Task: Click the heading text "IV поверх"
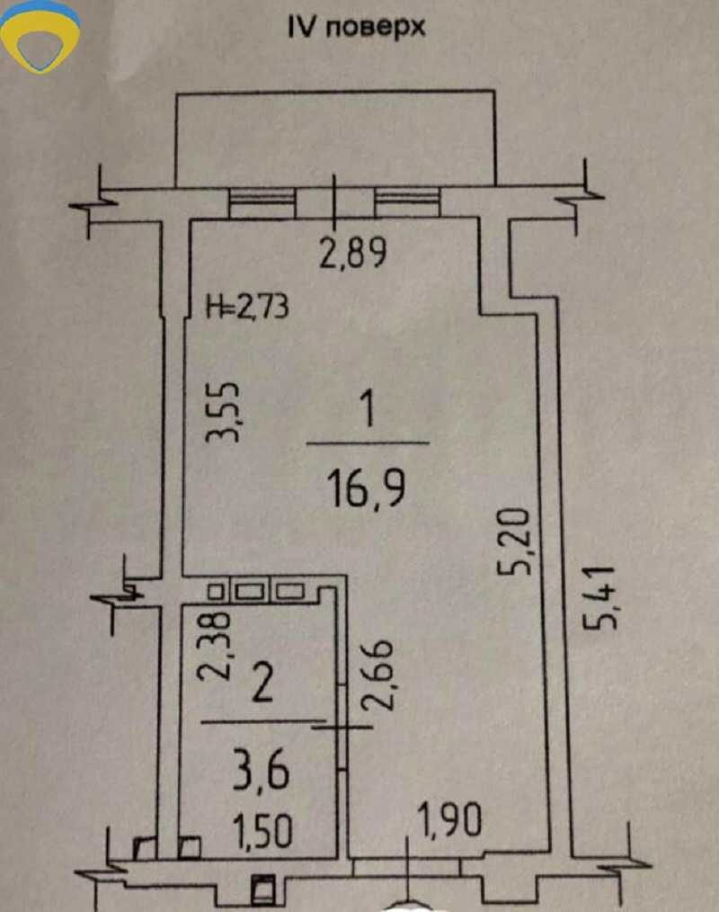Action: [357, 27]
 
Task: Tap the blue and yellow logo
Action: [40, 36]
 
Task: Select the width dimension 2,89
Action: [353, 255]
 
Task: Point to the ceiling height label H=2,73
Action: [248, 307]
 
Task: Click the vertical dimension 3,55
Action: [223, 412]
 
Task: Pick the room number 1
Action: [368, 409]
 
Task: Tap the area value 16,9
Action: [366, 490]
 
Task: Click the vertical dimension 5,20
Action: [515, 541]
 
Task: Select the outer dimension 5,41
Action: [599, 597]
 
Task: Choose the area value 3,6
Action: [261, 771]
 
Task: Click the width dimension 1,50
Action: [262, 831]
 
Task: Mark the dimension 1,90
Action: [450, 820]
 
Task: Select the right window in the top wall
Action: [407, 201]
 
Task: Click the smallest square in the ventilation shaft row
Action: [216, 592]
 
